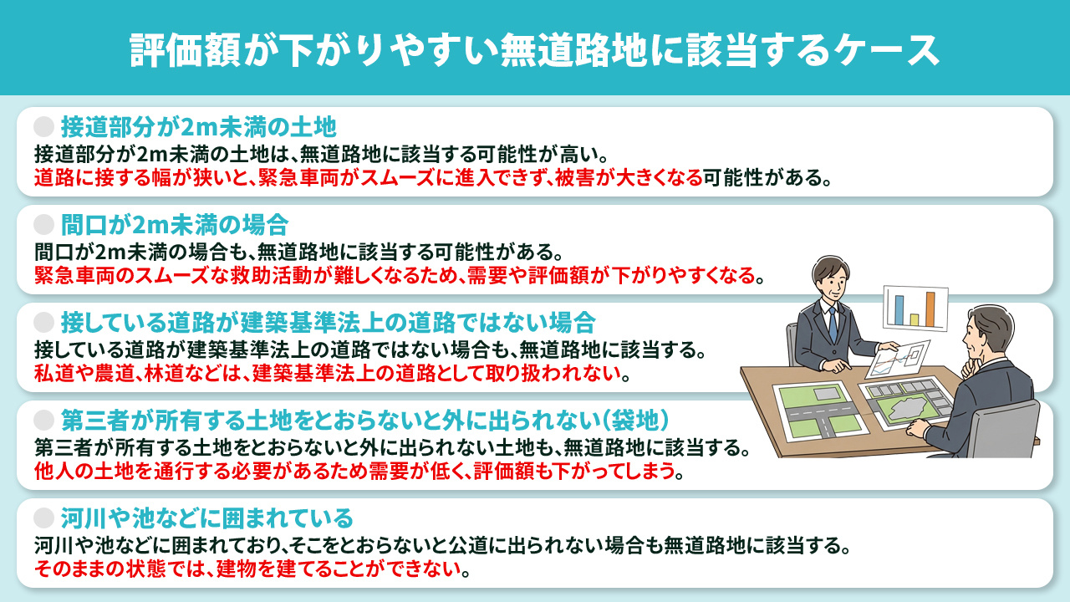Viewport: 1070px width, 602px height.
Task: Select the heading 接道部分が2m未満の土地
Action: tap(198, 127)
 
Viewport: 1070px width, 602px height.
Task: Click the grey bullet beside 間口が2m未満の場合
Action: tap(43, 224)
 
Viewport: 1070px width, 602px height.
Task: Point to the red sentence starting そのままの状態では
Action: tap(251, 571)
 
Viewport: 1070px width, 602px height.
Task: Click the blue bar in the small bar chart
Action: tap(899, 309)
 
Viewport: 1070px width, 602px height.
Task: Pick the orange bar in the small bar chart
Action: tap(930, 309)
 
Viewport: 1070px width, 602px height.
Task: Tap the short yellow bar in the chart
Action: tap(915, 319)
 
